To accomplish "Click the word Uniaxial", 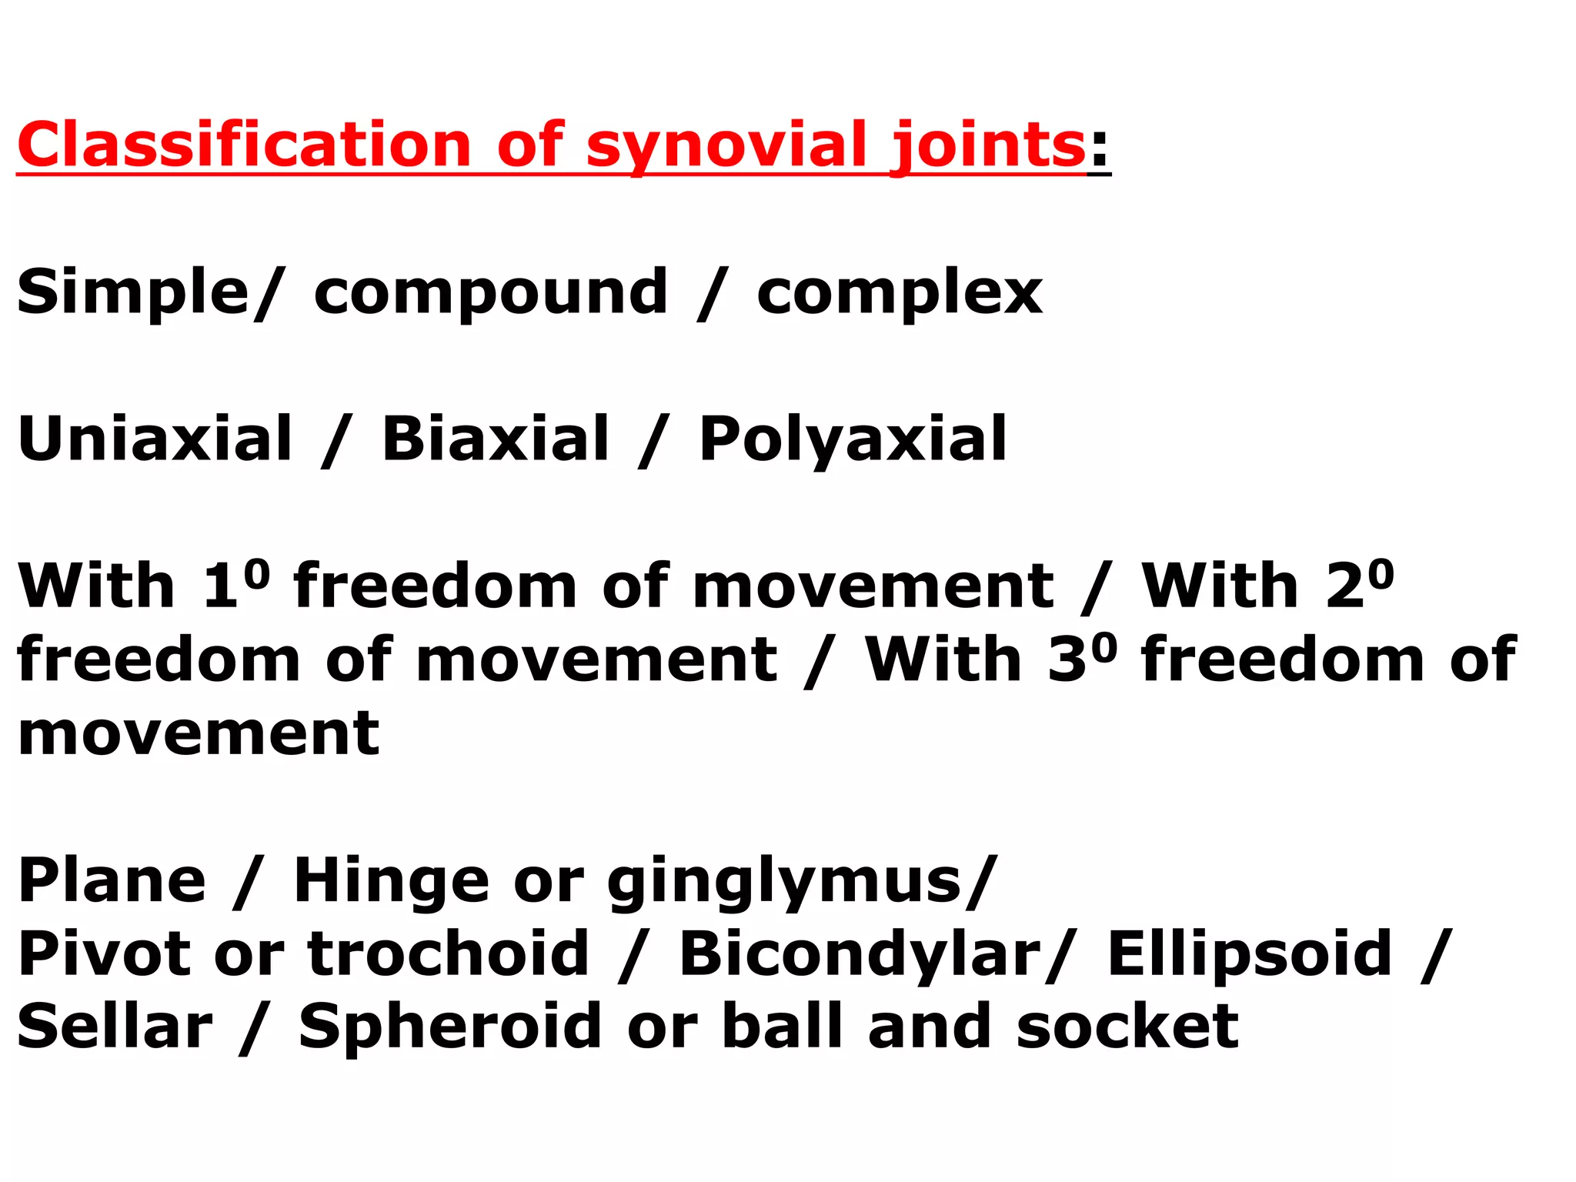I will tap(155, 439).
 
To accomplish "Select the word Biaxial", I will tap(496, 439).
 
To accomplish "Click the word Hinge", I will tap(392, 881).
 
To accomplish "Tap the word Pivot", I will tap(104, 953).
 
